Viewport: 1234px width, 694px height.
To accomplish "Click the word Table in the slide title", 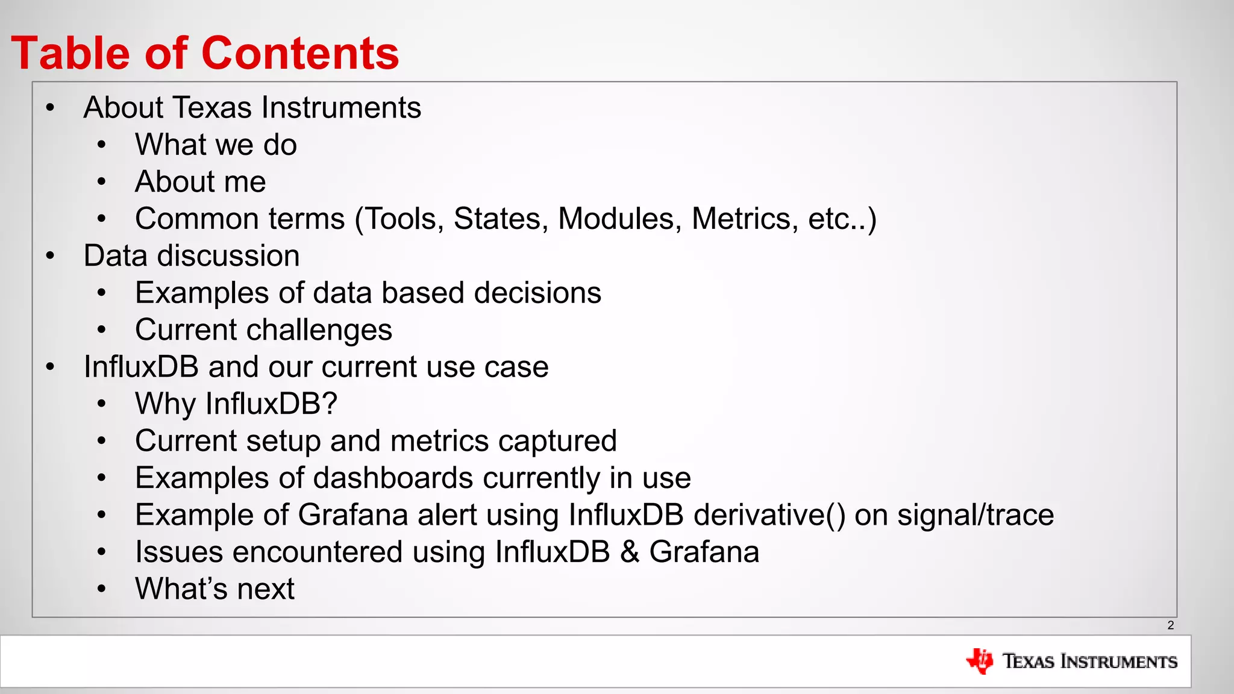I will click(x=70, y=53).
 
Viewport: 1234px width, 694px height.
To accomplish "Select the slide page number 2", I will click(x=1170, y=625).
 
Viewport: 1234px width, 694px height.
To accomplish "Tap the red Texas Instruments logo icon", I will click(x=979, y=661).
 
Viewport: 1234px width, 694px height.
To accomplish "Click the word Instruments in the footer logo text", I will click(x=1118, y=661).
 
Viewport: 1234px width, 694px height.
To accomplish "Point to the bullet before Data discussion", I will click(x=51, y=256).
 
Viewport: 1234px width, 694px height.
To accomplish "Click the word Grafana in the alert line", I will click(x=352, y=515).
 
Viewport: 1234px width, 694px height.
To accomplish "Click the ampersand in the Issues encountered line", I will click(x=629, y=552).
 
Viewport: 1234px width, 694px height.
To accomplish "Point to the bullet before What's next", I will click(x=102, y=589).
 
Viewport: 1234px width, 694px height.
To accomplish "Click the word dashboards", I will click(x=393, y=478).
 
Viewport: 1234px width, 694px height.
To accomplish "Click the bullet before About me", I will click(x=102, y=182).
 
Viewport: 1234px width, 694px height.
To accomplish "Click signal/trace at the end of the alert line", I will click(x=976, y=515).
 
